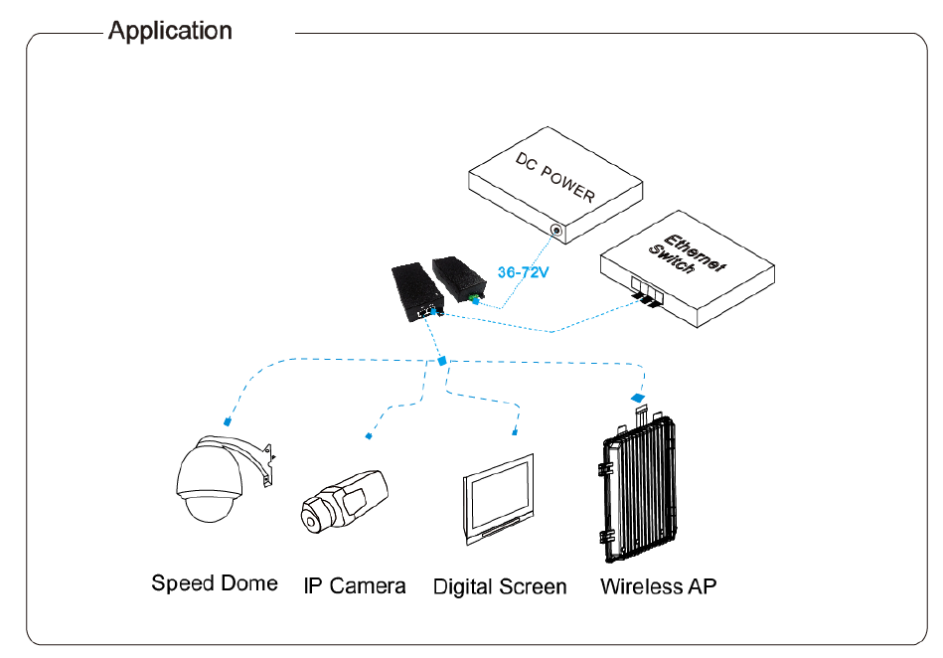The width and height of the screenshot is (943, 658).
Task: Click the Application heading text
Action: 170,31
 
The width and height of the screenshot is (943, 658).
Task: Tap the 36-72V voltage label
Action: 523,272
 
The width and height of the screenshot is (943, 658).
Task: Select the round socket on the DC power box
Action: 556,231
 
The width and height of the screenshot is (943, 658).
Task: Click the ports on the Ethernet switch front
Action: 647,291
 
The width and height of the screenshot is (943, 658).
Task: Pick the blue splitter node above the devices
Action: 442,361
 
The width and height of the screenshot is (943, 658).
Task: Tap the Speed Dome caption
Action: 214,583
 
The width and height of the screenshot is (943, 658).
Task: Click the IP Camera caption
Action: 354,585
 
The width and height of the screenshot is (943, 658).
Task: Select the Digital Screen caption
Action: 500,587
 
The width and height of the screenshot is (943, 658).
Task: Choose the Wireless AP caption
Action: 659,586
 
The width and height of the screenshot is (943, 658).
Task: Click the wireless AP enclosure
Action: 639,488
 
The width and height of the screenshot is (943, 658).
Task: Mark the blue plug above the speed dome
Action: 228,421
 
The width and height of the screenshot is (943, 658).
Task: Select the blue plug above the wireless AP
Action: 638,398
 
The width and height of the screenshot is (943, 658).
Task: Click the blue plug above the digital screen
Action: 515,431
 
